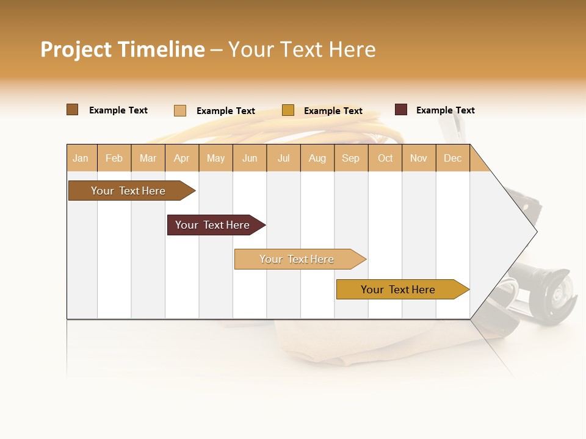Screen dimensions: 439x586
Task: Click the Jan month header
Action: [81, 158]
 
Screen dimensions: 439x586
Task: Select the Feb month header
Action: [114, 158]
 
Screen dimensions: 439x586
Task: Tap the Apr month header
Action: [181, 158]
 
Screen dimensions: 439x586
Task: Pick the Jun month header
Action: [250, 158]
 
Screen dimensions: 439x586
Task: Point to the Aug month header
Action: [317, 158]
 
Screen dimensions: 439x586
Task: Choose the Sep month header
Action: [350, 158]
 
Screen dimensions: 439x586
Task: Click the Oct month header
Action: [385, 158]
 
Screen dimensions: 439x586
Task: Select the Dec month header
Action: [452, 158]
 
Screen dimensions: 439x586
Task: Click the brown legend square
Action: [73, 110]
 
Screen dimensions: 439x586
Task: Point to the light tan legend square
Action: [180, 110]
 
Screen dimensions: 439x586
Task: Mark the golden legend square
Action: [288, 110]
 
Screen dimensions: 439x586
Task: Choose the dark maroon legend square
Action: [401, 110]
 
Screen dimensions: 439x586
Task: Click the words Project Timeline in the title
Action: [123, 49]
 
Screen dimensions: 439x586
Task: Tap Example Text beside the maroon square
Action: [445, 110]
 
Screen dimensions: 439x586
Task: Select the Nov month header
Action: [418, 158]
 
